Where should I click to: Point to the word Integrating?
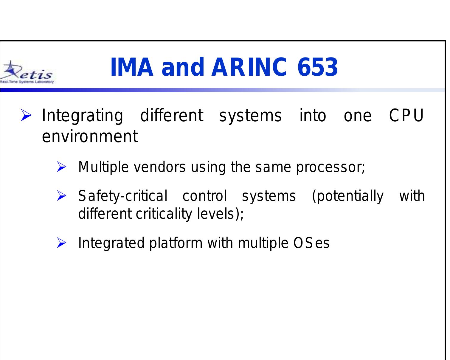(82, 116)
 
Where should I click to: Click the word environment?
(90, 136)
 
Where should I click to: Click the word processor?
(329, 168)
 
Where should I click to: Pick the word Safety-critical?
(123, 196)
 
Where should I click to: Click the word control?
(204, 196)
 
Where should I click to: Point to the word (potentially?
(347, 196)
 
